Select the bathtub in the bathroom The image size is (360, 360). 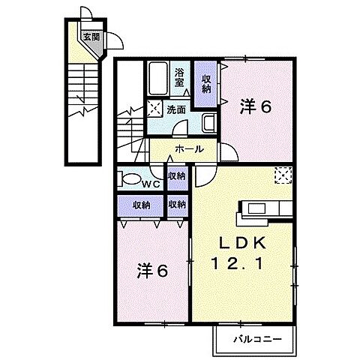[x=158, y=79]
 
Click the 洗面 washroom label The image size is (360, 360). [x=176, y=109]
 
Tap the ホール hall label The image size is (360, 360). [x=188, y=149]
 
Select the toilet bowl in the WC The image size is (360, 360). [x=134, y=180]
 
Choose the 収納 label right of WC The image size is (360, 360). [x=177, y=175]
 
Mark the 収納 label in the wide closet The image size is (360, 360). [x=142, y=205]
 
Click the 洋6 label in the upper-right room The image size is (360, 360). [x=255, y=107]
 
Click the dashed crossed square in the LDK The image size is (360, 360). [x=283, y=174]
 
